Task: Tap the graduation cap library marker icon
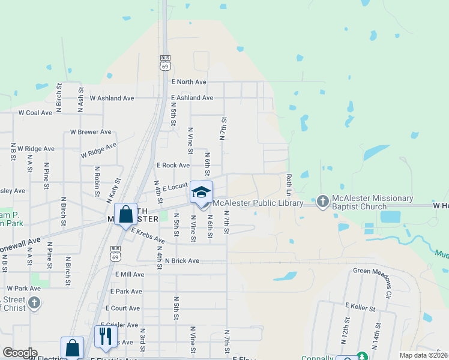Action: [202, 192]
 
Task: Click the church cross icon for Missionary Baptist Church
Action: [323, 202]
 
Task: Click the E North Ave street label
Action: [188, 82]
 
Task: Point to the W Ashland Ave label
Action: [112, 98]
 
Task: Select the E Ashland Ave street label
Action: [192, 98]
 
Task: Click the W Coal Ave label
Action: [35, 112]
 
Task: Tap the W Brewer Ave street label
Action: [91, 132]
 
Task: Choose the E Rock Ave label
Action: [173, 165]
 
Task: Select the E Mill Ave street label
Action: [127, 274]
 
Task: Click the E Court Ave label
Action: [125, 308]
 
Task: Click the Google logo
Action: [20, 353]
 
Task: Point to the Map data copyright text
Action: [423, 355]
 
